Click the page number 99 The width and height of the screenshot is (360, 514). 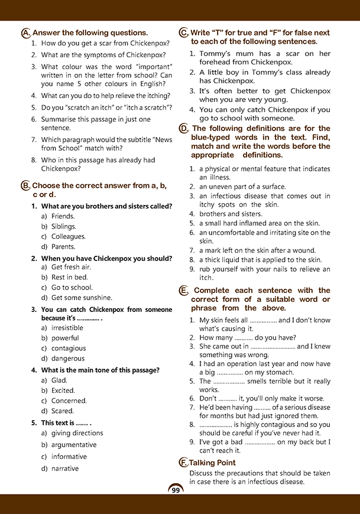(x=176, y=490)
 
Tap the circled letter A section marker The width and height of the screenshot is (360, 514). (x=25, y=33)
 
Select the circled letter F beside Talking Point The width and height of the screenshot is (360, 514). (x=183, y=463)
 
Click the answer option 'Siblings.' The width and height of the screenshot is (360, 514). (x=64, y=226)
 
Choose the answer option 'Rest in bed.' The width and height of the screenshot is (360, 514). (x=69, y=278)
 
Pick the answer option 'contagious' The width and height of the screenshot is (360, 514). (x=69, y=348)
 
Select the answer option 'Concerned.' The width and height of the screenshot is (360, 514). (x=69, y=401)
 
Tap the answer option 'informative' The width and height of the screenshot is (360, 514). (x=69, y=457)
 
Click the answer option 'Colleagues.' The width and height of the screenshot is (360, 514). (x=69, y=236)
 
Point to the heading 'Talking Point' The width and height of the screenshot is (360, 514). (x=213, y=463)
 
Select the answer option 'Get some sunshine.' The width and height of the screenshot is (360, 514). (x=82, y=298)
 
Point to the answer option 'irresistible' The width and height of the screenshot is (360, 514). (x=67, y=328)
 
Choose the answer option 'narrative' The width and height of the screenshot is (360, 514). (x=65, y=469)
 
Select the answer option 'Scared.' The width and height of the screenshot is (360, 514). (x=63, y=411)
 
